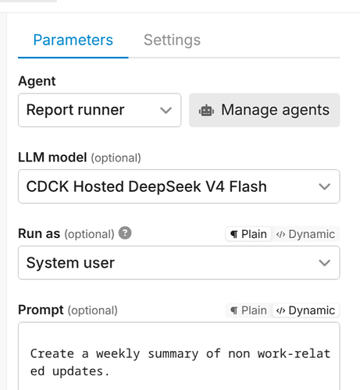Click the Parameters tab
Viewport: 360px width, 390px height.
73,40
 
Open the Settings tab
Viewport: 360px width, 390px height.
172,40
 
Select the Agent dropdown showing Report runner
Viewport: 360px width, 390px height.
99,110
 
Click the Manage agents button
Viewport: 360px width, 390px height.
264,110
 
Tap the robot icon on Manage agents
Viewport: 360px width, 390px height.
206,111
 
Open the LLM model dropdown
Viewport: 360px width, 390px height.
179,186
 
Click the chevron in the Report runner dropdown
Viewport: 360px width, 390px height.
166,111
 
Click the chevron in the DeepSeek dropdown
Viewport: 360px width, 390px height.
324,186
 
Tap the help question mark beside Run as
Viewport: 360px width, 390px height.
125,232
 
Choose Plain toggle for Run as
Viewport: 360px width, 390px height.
248,234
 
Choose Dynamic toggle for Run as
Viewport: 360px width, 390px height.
305,234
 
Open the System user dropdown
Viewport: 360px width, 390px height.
179,263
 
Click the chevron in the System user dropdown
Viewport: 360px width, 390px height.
324,263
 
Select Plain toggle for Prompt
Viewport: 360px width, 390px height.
248,310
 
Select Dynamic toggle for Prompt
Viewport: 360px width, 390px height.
305,310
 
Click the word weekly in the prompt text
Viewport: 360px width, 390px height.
118,354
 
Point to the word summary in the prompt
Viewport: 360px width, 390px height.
173,354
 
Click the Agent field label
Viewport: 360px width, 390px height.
37,81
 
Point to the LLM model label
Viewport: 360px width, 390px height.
52,158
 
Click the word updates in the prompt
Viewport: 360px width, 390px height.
77,371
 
